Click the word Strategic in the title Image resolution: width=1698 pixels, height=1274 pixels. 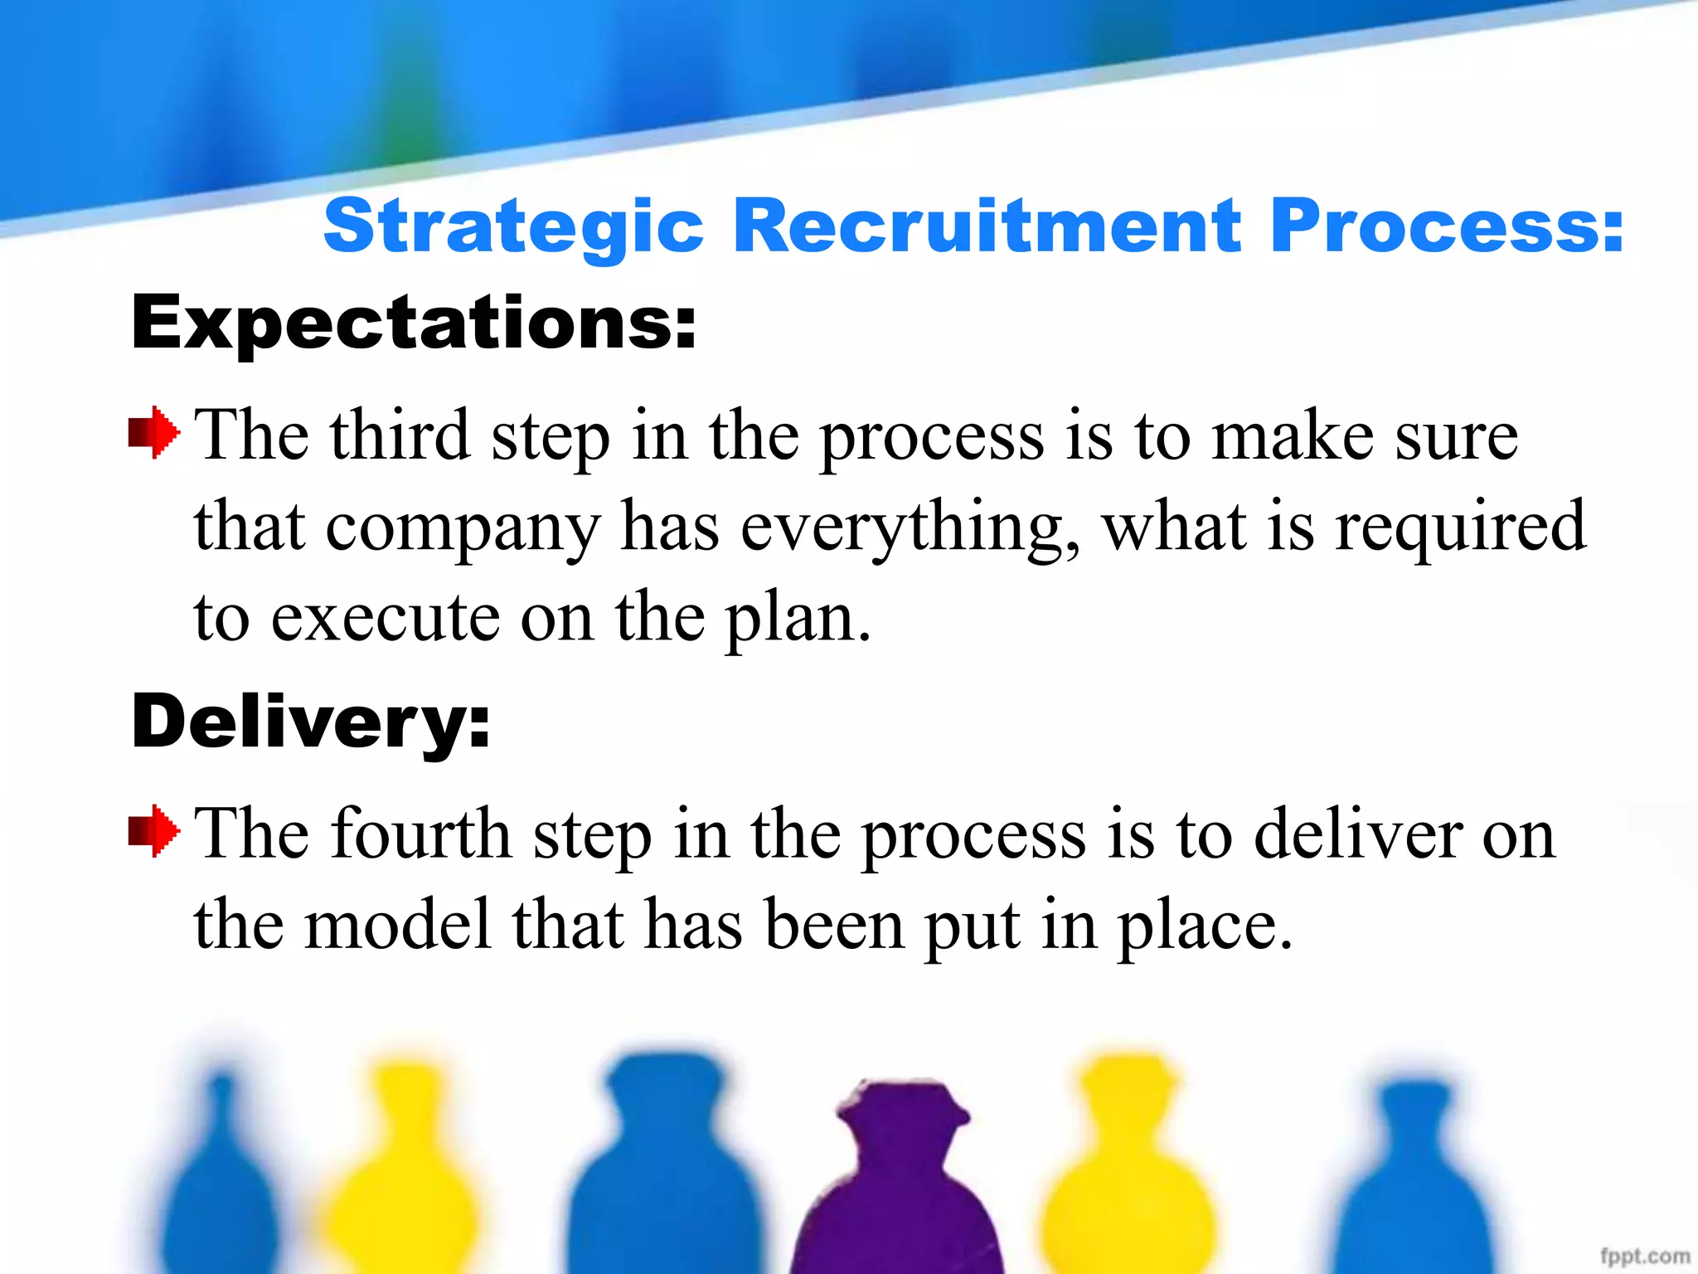coord(513,226)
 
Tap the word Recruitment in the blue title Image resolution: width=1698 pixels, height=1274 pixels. coord(987,225)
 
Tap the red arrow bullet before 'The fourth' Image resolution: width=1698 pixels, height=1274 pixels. coord(154,831)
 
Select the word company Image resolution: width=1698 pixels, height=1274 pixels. coord(463,528)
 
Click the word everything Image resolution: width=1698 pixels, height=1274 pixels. coord(910,528)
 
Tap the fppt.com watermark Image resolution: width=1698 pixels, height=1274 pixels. coord(1644,1257)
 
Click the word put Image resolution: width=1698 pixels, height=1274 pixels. coord(972,927)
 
